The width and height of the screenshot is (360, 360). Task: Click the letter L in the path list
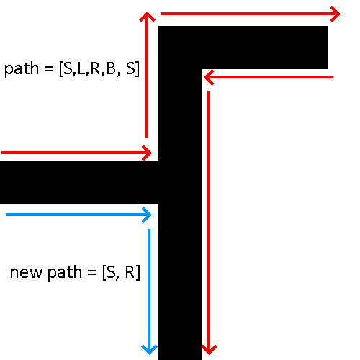[x=81, y=68]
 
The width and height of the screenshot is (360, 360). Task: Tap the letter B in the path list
[x=111, y=68]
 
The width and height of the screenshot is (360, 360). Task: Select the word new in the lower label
[x=26, y=273]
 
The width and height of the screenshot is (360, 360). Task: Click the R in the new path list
[x=130, y=272]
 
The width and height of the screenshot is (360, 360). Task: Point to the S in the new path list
[x=111, y=272]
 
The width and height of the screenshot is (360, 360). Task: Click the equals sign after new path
[x=91, y=273]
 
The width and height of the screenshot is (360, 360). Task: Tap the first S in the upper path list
[x=68, y=68]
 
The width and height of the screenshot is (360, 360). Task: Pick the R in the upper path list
[x=95, y=68]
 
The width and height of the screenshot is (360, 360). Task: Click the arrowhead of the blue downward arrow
[x=149, y=350]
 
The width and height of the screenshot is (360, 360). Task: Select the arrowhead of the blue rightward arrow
[x=148, y=215]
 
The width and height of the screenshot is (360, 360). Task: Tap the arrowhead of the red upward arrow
[x=147, y=17]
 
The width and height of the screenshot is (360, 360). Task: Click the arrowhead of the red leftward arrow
[x=208, y=77]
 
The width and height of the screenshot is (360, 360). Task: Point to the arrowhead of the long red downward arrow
[x=209, y=350]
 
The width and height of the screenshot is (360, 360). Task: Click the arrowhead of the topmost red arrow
[x=336, y=14]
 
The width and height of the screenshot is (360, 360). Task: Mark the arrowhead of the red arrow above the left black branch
[x=148, y=153]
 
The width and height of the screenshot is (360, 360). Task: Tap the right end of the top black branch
[x=328, y=48]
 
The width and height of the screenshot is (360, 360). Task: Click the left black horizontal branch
[x=79, y=182]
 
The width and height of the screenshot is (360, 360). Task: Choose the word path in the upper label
[x=22, y=69]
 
